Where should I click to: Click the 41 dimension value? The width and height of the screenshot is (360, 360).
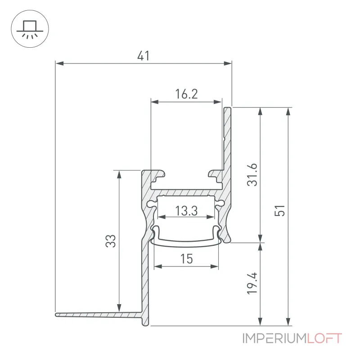point(144,56)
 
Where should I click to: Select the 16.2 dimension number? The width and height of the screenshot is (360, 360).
point(186,94)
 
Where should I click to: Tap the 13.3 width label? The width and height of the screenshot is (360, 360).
point(186,211)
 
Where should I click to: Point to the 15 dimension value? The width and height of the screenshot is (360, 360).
point(186,259)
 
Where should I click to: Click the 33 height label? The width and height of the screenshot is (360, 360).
point(111,241)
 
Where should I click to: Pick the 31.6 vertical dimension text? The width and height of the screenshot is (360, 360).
point(252,175)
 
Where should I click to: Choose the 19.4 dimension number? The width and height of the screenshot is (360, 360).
point(252,283)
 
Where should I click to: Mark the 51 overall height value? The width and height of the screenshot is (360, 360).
point(279,210)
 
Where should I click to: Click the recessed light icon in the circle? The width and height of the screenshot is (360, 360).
point(30,29)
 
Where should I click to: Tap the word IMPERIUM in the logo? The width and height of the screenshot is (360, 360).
point(275,338)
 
